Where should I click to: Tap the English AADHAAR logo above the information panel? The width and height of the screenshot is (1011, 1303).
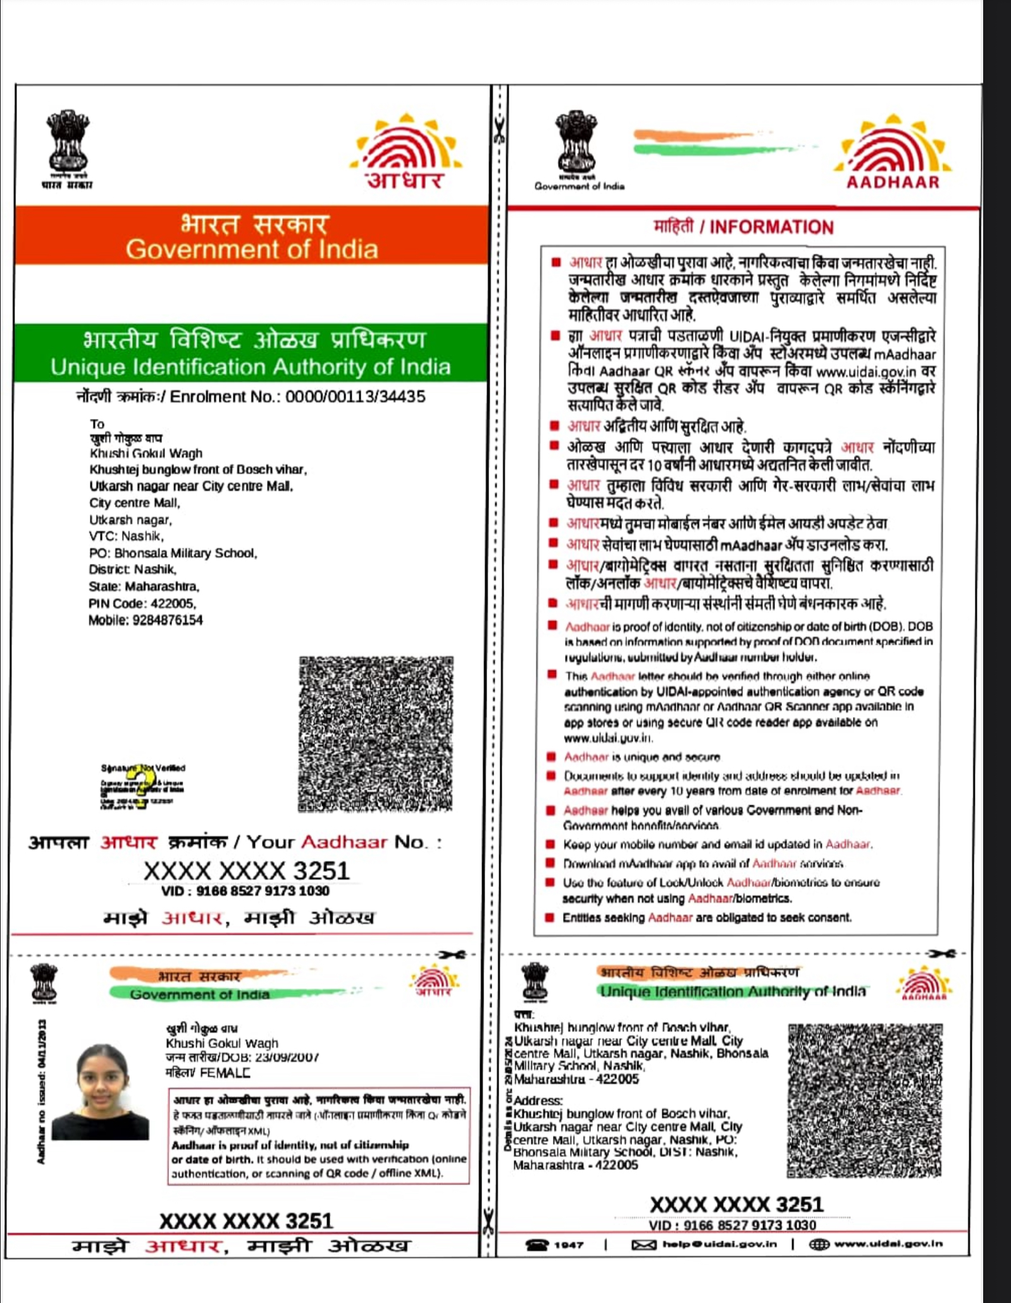pyautogui.click(x=893, y=152)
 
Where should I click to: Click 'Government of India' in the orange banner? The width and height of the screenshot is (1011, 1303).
pyautogui.click(x=251, y=249)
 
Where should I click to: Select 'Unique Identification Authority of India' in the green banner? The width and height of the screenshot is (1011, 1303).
pyautogui.click(x=251, y=367)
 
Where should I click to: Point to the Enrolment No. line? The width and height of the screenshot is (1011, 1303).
pyautogui.click(x=251, y=397)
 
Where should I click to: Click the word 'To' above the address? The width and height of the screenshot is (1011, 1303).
pyautogui.click(x=97, y=424)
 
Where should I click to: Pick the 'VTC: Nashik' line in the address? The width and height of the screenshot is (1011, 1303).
pyautogui.click(x=127, y=536)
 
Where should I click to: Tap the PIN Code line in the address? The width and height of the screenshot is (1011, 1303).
pyautogui.click(x=142, y=603)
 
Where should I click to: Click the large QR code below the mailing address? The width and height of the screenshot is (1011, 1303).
pyautogui.click(x=376, y=734)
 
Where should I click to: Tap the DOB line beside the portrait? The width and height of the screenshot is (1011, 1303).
pyautogui.click(x=242, y=1057)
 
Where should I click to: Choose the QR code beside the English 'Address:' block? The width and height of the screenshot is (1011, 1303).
pyautogui.click(x=864, y=1101)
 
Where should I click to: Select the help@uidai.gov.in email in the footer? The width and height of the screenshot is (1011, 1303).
pyautogui.click(x=719, y=1244)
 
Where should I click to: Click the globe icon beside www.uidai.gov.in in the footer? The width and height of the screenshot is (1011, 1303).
pyautogui.click(x=819, y=1244)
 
